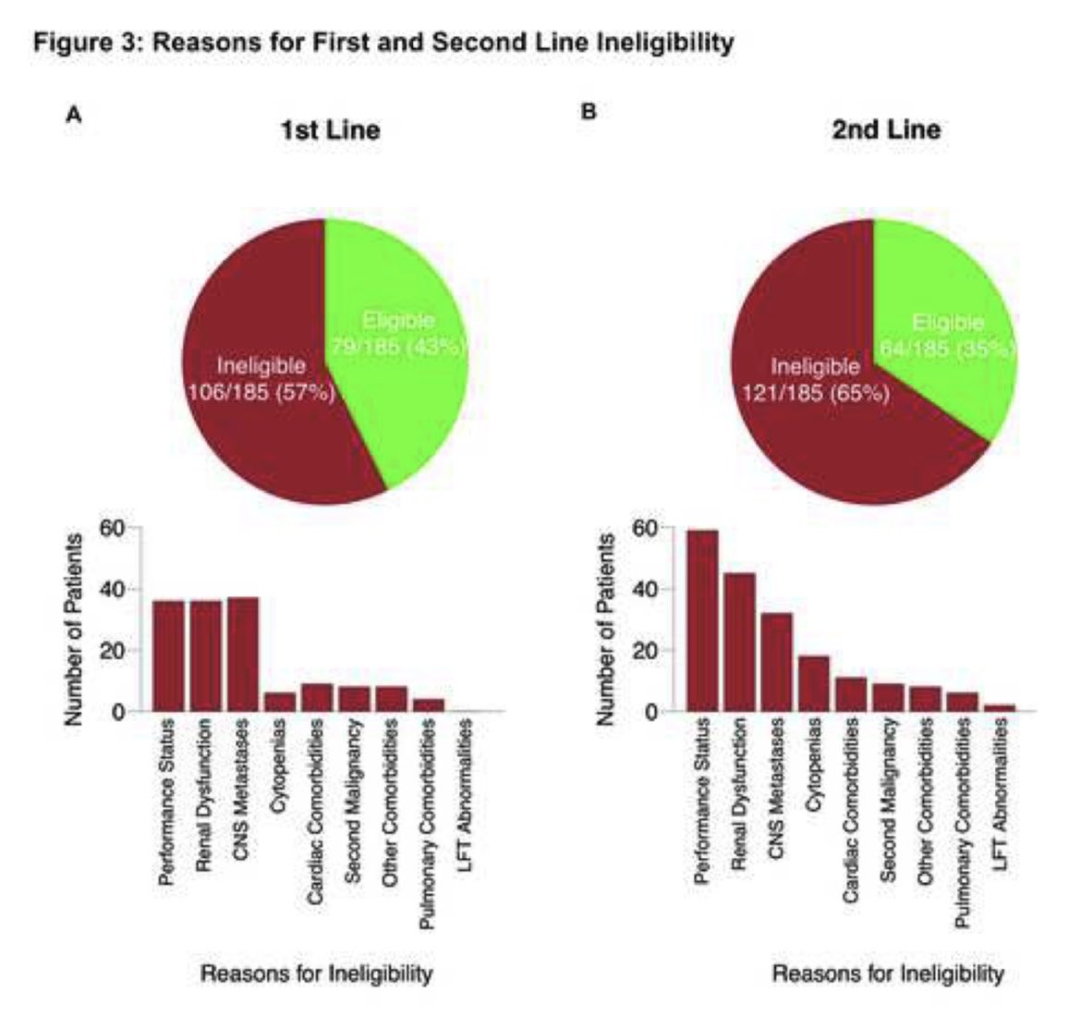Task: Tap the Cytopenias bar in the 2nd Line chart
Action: [814, 683]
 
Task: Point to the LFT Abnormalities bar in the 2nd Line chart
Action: [1000, 707]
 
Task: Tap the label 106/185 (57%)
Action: [261, 392]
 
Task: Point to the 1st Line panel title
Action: [330, 129]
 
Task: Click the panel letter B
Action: [588, 112]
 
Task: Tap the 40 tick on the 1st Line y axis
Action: [121, 589]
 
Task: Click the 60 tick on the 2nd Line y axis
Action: [655, 528]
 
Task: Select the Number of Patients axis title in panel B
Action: [607, 629]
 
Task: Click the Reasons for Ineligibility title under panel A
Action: [317, 974]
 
